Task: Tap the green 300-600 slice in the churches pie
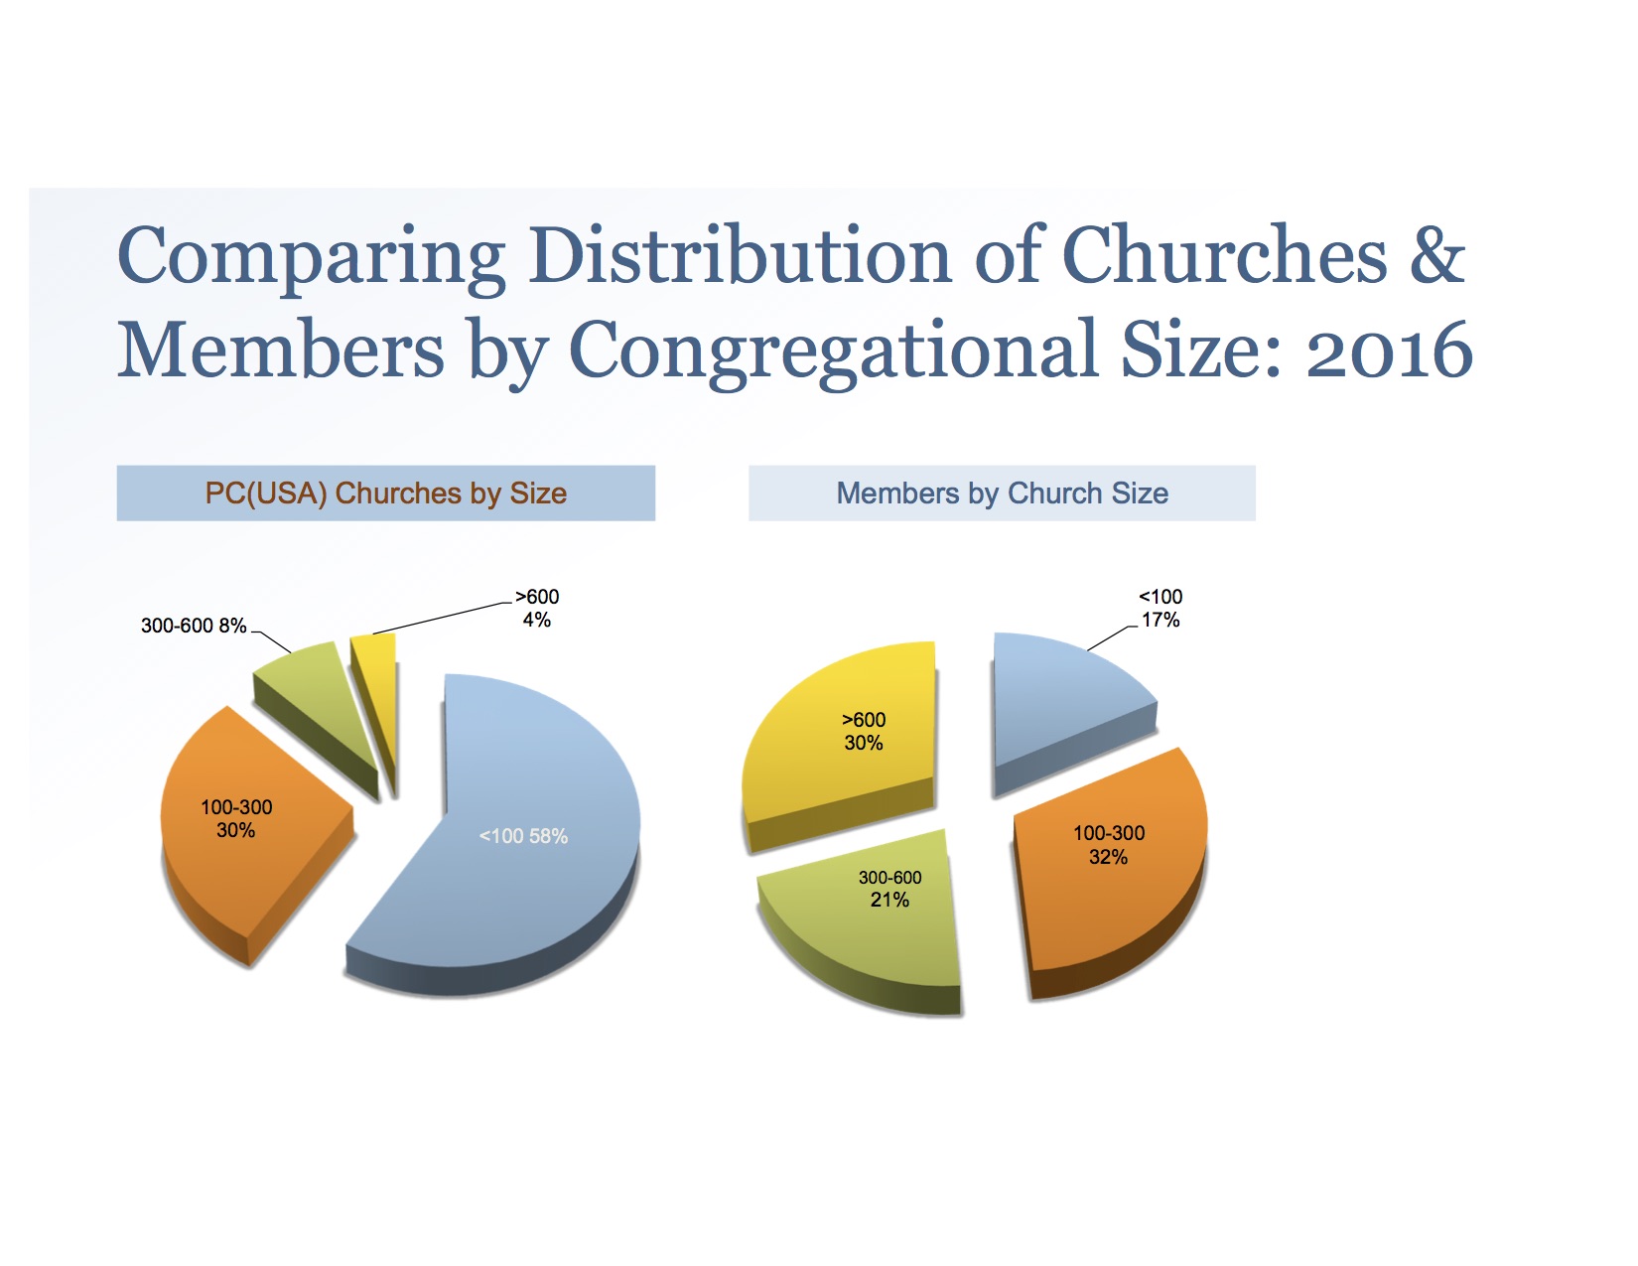click(308, 685)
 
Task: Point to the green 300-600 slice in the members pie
click(874, 923)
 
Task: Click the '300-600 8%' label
click(194, 626)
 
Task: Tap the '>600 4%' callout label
click(537, 608)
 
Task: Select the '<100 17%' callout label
click(1160, 608)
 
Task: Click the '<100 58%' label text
click(523, 836)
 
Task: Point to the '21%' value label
click(889, 900)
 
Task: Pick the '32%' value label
click(1108, 857)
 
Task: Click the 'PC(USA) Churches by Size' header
click(385, 492)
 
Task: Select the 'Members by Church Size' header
click(1002, 492)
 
